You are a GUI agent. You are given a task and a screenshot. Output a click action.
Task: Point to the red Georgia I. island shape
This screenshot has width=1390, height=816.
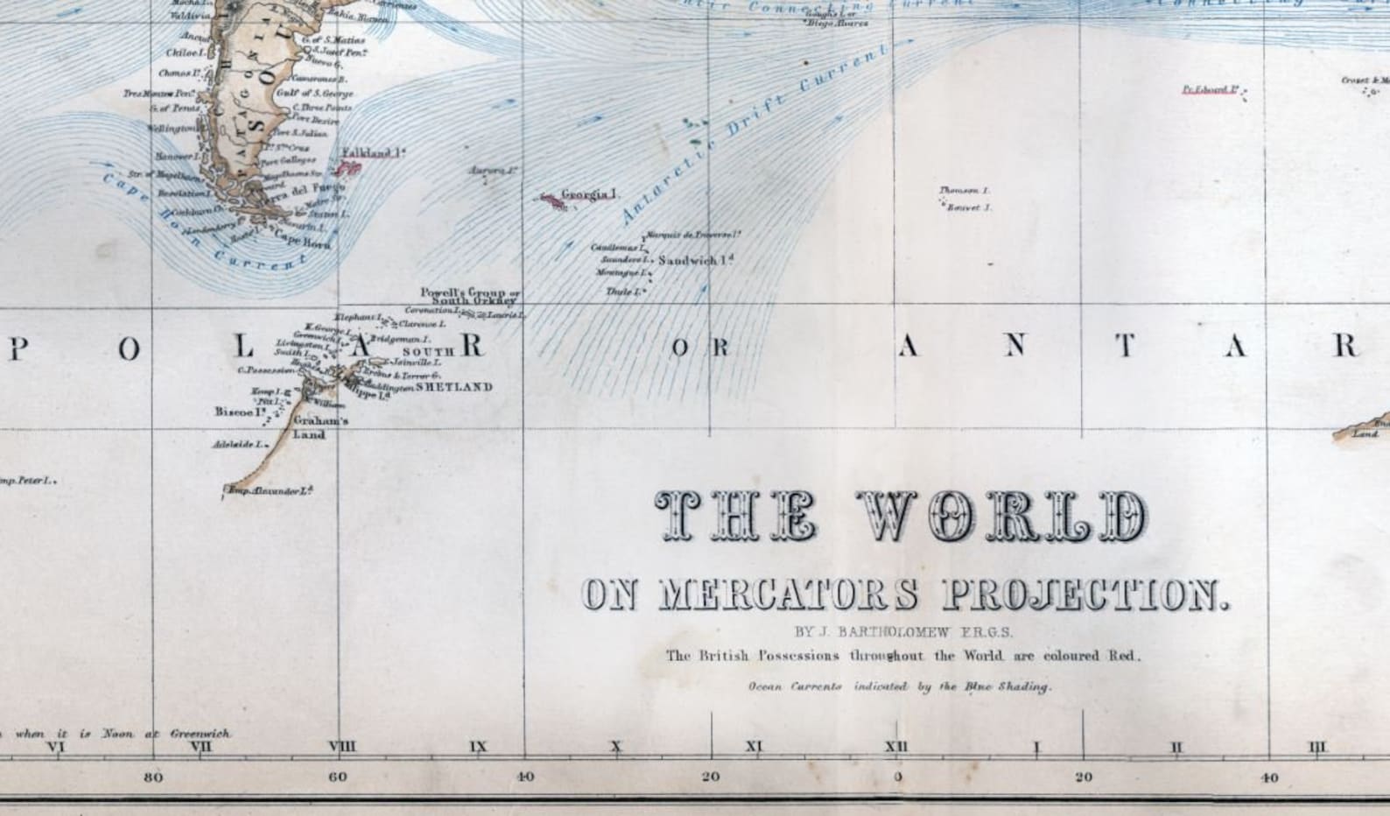click(552, 200)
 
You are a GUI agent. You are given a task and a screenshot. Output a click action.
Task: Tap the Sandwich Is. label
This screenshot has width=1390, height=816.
click(695, 260)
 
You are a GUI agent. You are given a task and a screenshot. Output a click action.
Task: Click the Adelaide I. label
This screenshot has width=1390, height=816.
click(239, 445)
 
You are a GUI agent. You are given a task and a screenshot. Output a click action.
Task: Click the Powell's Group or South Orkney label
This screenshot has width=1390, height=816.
click(470, 296)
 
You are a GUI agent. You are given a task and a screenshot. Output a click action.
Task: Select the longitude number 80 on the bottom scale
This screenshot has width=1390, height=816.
click(152, 777)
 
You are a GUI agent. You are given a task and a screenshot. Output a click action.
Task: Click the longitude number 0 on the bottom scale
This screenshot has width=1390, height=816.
click(897, 777)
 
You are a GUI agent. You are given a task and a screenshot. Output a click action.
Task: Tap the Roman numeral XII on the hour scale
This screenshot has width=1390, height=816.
click(897, 747)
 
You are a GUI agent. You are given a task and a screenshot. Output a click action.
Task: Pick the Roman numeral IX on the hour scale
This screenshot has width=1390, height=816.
click(478, 747)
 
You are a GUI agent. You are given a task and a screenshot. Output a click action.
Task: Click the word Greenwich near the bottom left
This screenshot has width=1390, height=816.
click(200, 734)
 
